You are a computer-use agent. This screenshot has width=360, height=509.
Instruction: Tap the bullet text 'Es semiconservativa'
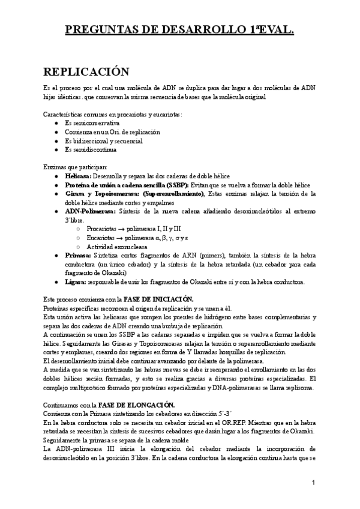click(x=92, y=122)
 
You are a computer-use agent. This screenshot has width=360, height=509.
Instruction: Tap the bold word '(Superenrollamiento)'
click(x=173, y=194)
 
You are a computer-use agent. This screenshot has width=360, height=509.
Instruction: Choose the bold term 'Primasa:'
click(x=78, y=255)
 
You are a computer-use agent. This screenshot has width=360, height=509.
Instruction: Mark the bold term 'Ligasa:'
click(x=76, y=282)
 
